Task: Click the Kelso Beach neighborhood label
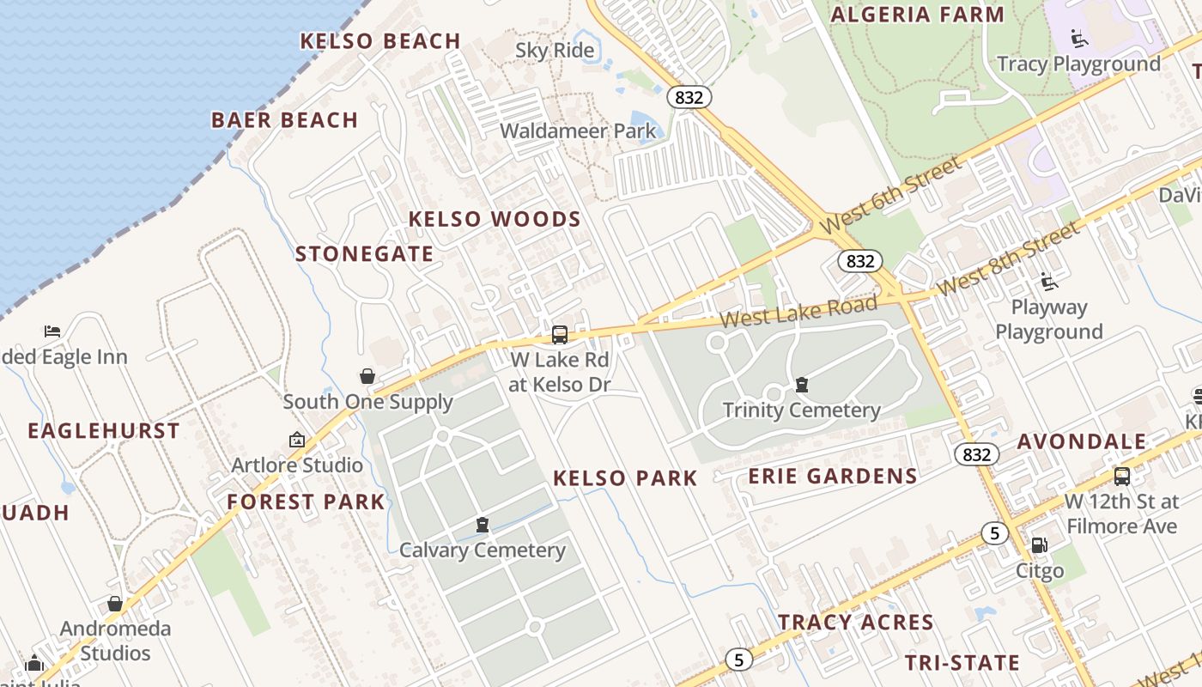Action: coord(380,41)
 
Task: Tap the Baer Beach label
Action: coord(284,120)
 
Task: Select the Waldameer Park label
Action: coord(578,131)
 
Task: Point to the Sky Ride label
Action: coord(555,51)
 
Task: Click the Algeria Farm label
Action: coord(918,15)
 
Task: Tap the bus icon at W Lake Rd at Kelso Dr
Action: coord(560,335)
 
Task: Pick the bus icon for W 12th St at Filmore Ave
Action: coord(1121,477)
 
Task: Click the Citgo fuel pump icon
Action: coord(1039,545)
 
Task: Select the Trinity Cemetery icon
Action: coord(801,385)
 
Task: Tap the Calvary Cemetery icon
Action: coord(483,525)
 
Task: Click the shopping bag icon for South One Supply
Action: coord(367,376)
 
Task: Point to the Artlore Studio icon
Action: coord(297,440)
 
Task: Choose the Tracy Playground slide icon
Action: coord(1079,39)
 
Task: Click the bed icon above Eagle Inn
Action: coord(52,331)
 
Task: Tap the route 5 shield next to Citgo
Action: coord(994,533)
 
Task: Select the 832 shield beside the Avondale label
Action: coord(977,454)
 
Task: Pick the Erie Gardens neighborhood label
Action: coord(833,477)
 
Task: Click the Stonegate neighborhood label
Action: coord(364,254)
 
